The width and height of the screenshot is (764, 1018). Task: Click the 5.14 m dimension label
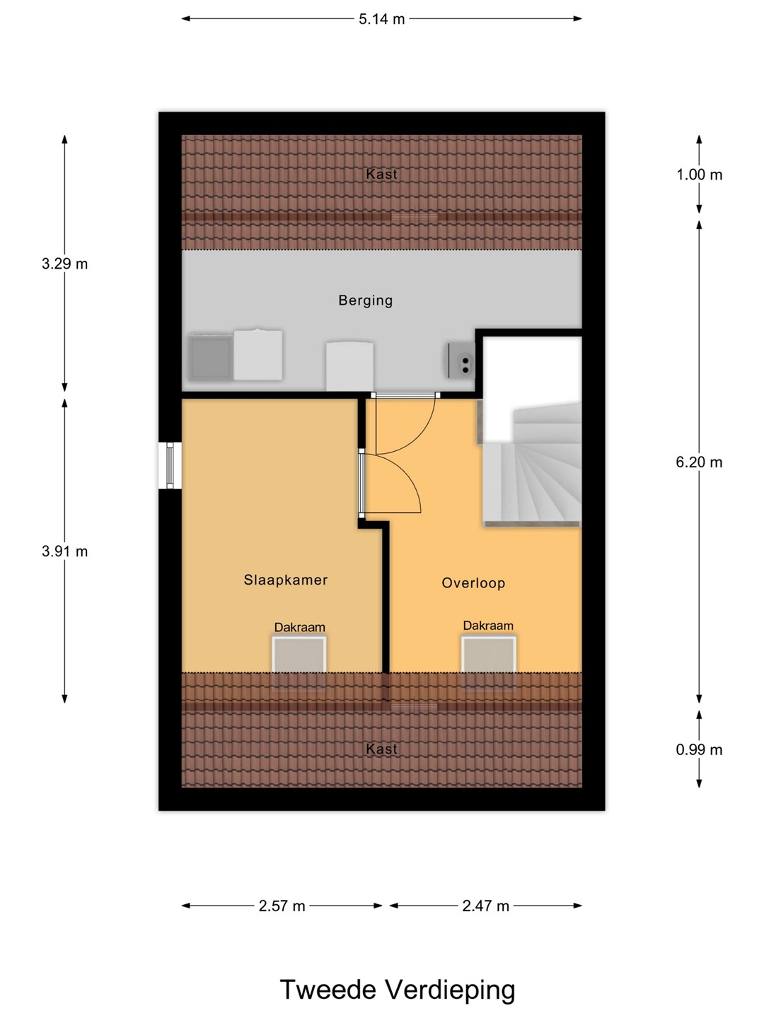381,19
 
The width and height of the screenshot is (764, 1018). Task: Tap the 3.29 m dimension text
64,264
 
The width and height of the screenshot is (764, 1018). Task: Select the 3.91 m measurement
64,551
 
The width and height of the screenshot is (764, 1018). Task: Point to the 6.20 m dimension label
699,462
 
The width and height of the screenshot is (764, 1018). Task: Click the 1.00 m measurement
699,175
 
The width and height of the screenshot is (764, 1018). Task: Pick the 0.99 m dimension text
699,750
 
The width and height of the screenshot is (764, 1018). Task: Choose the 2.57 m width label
282,906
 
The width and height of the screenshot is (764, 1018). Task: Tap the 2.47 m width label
486,906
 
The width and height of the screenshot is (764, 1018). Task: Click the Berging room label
366,300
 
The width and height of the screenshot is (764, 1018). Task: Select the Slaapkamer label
286,580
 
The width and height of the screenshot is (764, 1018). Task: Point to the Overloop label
473,583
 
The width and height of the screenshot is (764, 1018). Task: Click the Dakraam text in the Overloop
488,625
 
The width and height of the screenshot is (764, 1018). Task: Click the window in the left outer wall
170,465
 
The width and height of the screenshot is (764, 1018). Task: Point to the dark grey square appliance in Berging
211,357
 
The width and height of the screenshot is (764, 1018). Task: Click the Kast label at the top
381,175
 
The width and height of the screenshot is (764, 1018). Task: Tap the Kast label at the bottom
381,749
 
